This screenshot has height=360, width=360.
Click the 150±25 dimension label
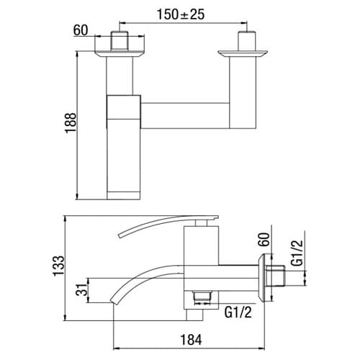pos(181,14)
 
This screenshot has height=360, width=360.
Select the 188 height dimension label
pos(71,123)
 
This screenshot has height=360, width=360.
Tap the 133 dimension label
pos(59,266)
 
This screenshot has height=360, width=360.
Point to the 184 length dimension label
pos(191,340)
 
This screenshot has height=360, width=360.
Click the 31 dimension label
pos(81,289)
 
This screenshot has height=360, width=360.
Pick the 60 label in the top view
pos(81,30)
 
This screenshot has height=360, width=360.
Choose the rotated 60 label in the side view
pos(264,239)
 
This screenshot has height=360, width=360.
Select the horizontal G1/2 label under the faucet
pos(238,312)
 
